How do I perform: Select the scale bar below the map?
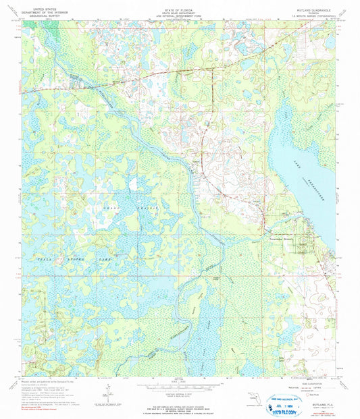coord(179,386)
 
